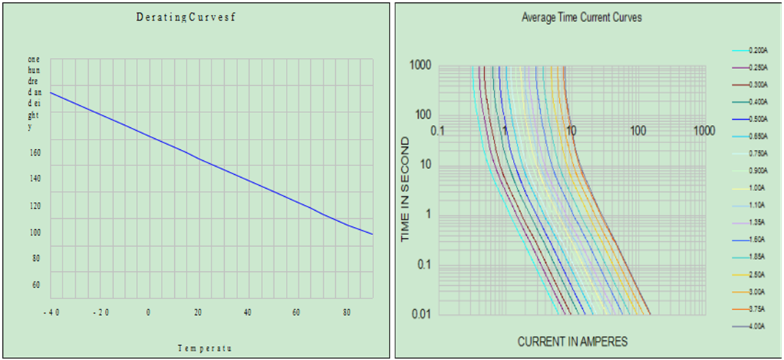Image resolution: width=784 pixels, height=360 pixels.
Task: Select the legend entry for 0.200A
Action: coord(758,50)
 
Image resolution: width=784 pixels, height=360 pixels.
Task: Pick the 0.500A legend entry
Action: coord(758,119)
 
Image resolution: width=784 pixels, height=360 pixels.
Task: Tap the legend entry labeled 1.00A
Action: coord(758,188)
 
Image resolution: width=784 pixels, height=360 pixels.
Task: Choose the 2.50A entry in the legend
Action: coord(758,274)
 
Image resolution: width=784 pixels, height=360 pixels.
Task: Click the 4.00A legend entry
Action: coord(758,326)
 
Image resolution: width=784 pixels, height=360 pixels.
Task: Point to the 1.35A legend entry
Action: coord(758,223)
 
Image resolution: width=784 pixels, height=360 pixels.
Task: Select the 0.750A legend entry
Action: coord(758,154)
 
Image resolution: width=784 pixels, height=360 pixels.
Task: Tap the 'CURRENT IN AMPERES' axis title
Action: coord(572,342)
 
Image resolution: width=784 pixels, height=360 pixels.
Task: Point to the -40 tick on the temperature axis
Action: coord(50,312)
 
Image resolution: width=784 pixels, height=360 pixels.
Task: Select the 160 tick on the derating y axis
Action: coord(35,153)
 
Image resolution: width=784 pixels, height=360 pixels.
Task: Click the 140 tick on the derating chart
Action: coord(35,179)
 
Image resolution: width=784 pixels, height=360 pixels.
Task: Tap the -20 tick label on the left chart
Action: coord(100,312)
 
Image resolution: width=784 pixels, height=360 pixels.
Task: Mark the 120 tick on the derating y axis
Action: coord(35,206)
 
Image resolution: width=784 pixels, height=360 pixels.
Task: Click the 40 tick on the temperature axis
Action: coord(248,312)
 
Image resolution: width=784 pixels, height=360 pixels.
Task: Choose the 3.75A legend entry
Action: coord(758,309)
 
